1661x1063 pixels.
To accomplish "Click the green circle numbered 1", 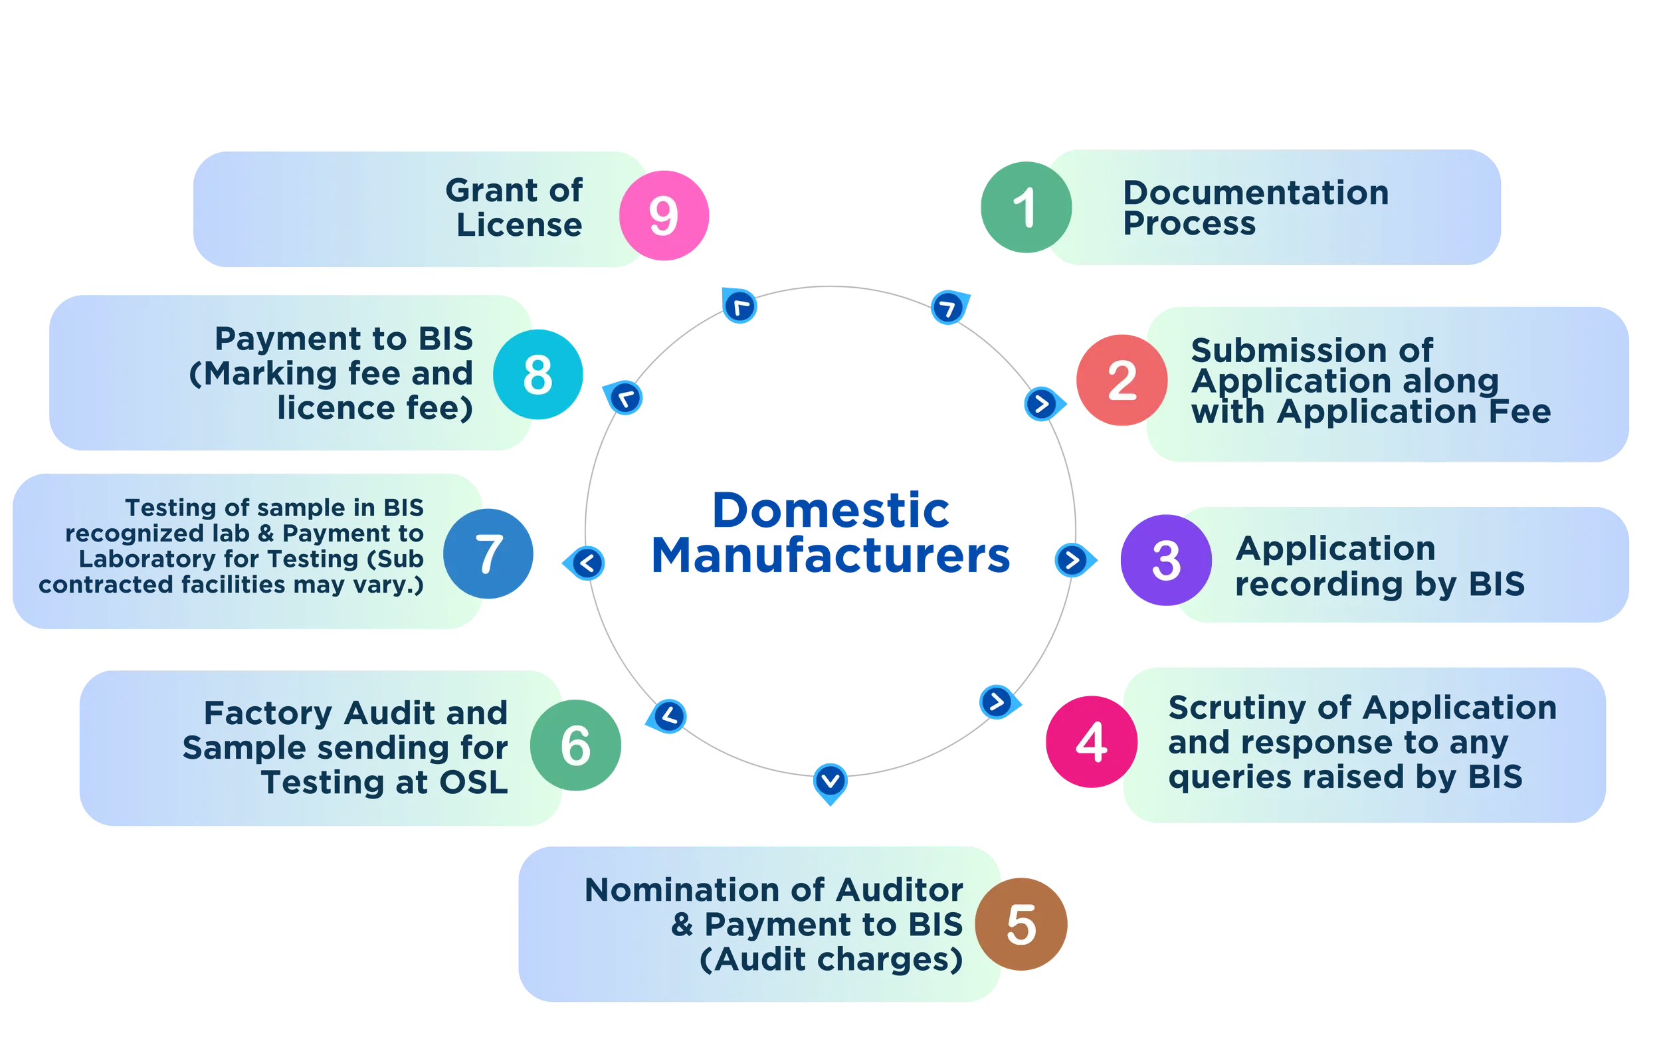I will (x=1025, y=207).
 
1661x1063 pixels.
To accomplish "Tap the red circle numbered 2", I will (x=1121, y=379).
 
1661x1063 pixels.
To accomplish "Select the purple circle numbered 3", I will (x=1165, y=560).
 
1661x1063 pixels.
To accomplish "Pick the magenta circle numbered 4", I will (x=1091, y=742).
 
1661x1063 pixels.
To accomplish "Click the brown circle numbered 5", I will (x=1022, y=924).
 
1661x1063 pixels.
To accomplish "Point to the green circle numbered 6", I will (x=576, y=745).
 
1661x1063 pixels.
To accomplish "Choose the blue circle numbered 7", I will (x=489, y=553).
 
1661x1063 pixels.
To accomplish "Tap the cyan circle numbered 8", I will (x=538, y=374).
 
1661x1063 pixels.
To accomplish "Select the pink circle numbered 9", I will (x=664, y=215).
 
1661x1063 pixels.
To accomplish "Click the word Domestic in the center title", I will (x=831, y=512).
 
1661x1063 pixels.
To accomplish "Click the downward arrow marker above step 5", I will (x=830, y=781).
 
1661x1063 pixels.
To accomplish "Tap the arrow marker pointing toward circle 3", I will (x=1072, y=559).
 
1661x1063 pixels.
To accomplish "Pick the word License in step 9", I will (x=519, y=225).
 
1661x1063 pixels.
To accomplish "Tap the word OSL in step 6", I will (x=474, y=782).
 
